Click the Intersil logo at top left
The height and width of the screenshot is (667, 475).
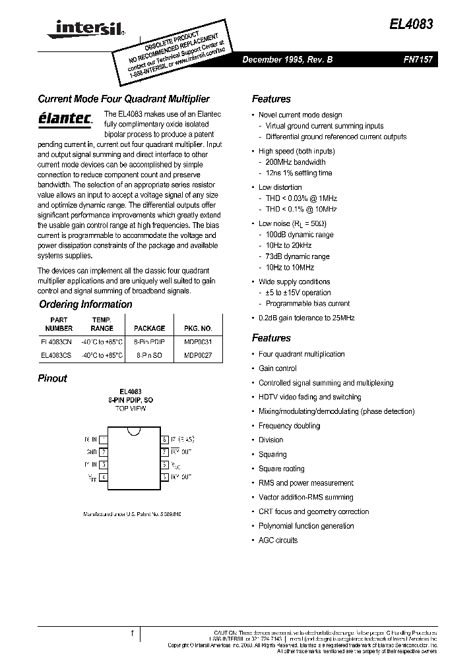(x=82, y=27)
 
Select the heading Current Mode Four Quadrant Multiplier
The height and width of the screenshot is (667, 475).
(x=123, y=99)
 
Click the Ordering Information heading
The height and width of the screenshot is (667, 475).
(x=85, y=304)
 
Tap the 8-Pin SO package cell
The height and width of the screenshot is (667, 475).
(x=149, y=355)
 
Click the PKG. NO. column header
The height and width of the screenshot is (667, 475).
(x=198, y=328)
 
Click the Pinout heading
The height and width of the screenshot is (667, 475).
(x=53, y=378)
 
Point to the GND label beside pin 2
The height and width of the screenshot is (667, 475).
(x=90, y=452)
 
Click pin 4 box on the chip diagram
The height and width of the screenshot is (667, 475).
(x=104, y=477)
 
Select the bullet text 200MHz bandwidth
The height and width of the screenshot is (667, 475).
(x=295, y=162)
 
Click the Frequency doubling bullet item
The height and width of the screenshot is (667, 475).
(x=289, y=426)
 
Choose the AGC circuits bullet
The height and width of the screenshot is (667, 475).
(x=278, y=540)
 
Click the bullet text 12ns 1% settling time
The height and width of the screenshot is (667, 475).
(x=298, y=173)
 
